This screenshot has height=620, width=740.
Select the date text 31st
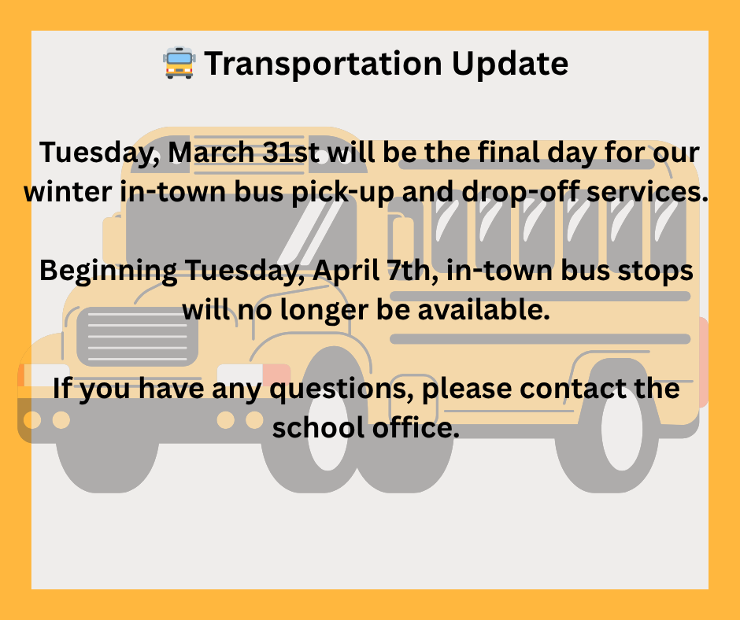pos(291,151)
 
